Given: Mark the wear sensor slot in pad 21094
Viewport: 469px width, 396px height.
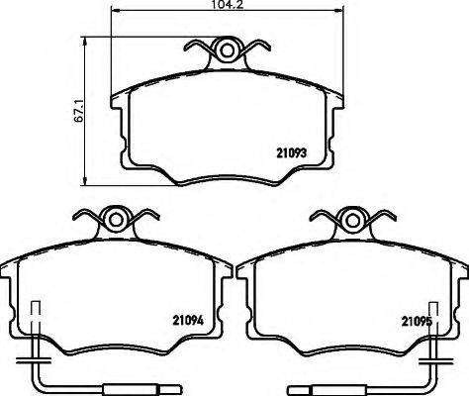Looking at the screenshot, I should [x=38, y=318].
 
